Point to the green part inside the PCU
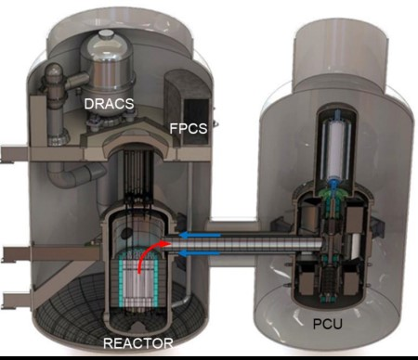click(327, 199)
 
